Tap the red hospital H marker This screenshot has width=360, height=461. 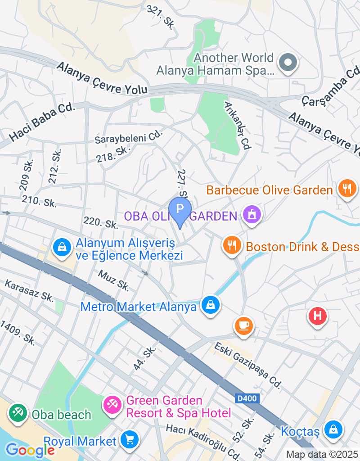click(317, 316)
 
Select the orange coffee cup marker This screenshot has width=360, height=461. click(244, 325)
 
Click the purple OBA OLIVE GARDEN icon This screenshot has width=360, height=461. click(251, 215)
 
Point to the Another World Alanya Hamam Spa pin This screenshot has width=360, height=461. click(287, 63)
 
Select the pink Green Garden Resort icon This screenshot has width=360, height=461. click(112, 405)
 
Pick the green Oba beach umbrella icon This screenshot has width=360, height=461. click(18, 413)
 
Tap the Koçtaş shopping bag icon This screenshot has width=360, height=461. click(333, 429)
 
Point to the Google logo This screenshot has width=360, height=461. click(30, 449)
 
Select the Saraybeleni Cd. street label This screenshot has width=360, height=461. click(128, 137)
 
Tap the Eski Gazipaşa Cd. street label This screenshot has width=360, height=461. click(248, 365)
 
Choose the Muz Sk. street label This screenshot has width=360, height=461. click(114, 280)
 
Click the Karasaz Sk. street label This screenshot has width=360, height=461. click(29, 291)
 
